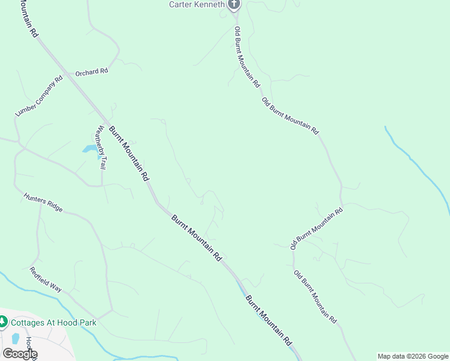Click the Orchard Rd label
coord(91,72)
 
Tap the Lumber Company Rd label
coord(39,96)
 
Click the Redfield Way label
coord(46,280)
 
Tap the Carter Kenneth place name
coord(196,5)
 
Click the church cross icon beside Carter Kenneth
coord(234,5)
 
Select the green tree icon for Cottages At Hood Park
coord(3,322)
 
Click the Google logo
coord(20,354)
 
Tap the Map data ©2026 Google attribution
coord(413,356)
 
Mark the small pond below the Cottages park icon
coord(14,338)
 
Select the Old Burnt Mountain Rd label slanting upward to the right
coord(316,229)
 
